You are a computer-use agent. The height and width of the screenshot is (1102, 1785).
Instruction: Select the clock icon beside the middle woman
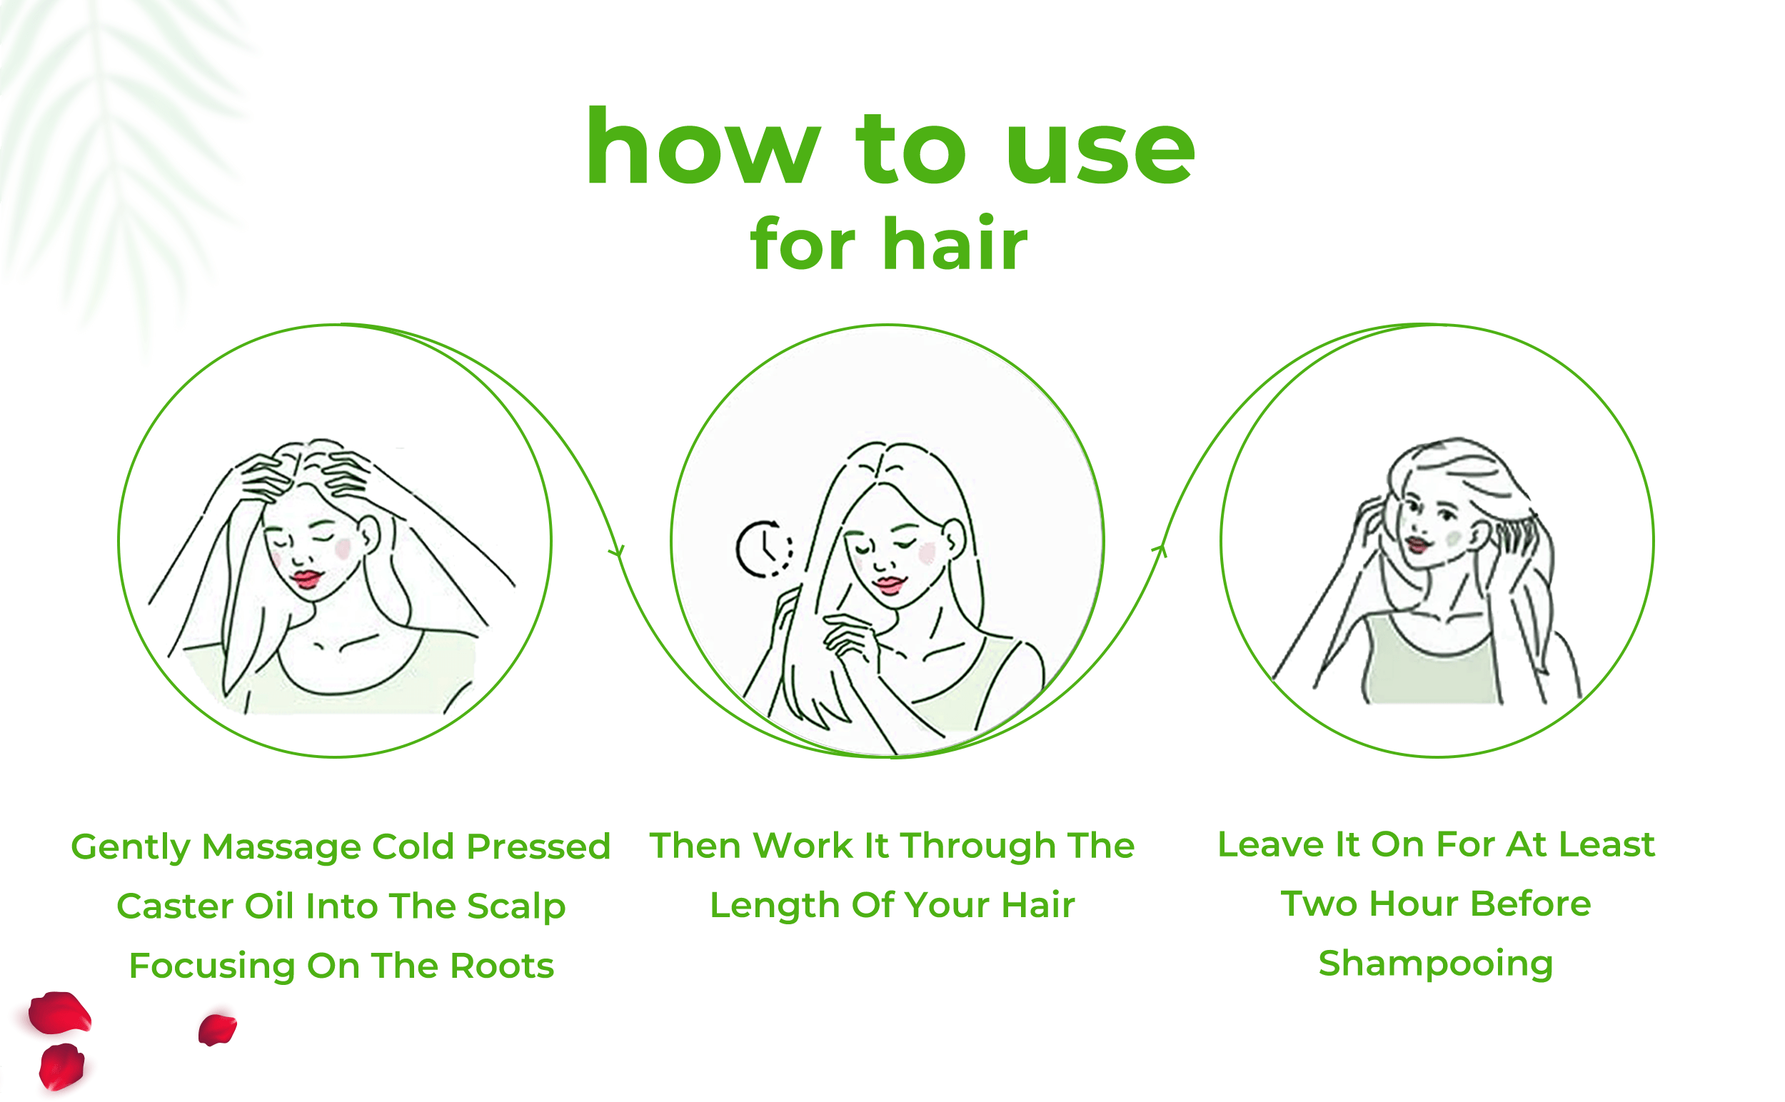click(x=763, y=549)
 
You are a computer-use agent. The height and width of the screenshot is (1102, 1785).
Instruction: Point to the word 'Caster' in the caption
click(x=175, y=906)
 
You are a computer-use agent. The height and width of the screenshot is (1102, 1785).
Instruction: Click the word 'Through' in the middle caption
click(x=980, y=847)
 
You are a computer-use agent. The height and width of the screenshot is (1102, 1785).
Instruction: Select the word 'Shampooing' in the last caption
click(x=1436, y=965)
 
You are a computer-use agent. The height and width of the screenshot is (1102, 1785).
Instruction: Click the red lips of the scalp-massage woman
click(x=307, y=580)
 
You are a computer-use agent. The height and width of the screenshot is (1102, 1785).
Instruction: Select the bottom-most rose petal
click(x=61, y=1066)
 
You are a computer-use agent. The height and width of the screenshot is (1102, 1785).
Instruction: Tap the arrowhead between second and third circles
click(x=1160, y=550)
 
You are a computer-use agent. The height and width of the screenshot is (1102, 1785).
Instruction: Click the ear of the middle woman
click(x=955, y=540)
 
